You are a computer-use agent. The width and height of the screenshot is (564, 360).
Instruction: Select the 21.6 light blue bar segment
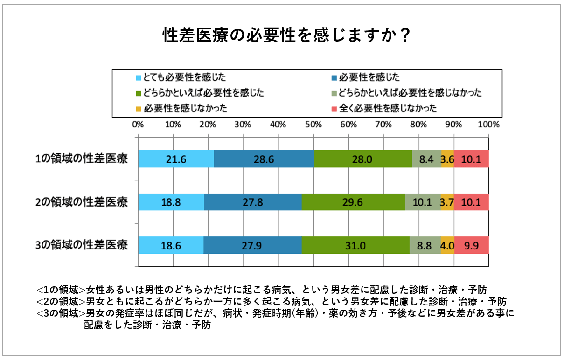pyautogui.click(x=176, y=159)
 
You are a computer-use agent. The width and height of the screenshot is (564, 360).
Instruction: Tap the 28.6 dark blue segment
pyautogui.click(x=264, y=159)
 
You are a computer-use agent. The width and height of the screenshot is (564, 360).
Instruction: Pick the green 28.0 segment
pyautogui.click(x=362, y=159)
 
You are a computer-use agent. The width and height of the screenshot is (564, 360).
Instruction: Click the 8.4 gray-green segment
pyautogui.click(x=426, y=159)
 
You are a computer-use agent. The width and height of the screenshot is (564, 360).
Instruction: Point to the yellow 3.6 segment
pyautogui.click(x=447, y=159)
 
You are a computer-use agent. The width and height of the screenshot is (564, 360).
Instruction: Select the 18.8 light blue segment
pyautogui.click(x=171, y=202)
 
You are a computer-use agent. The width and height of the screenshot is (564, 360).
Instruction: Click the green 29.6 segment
pyautogui.click(x=353, y=202)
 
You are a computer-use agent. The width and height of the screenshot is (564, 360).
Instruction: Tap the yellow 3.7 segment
pyautogui.click(x=447, y=202)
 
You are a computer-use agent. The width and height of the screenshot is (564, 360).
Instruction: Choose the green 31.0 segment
pyautogui.click(x=355, y=245)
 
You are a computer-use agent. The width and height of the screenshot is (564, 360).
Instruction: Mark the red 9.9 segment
pyautogui.click(x=471, y=245)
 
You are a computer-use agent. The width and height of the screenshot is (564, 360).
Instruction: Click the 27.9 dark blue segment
pyautogui.click(x=252, y=245)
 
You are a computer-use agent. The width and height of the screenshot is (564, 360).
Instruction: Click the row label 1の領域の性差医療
pyautogui.click(x=82, y=159)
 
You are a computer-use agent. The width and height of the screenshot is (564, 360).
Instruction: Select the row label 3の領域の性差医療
pyautogui.click(x=82, y=245)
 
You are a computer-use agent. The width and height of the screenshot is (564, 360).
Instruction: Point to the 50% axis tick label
pyautogui.click(x=313, y=125)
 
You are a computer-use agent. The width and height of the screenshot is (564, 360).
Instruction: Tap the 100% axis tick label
pyautogui.click(x=488, y=125)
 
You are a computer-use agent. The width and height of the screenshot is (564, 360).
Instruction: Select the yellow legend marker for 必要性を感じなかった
pyautogui.click(x=138, y=109)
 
